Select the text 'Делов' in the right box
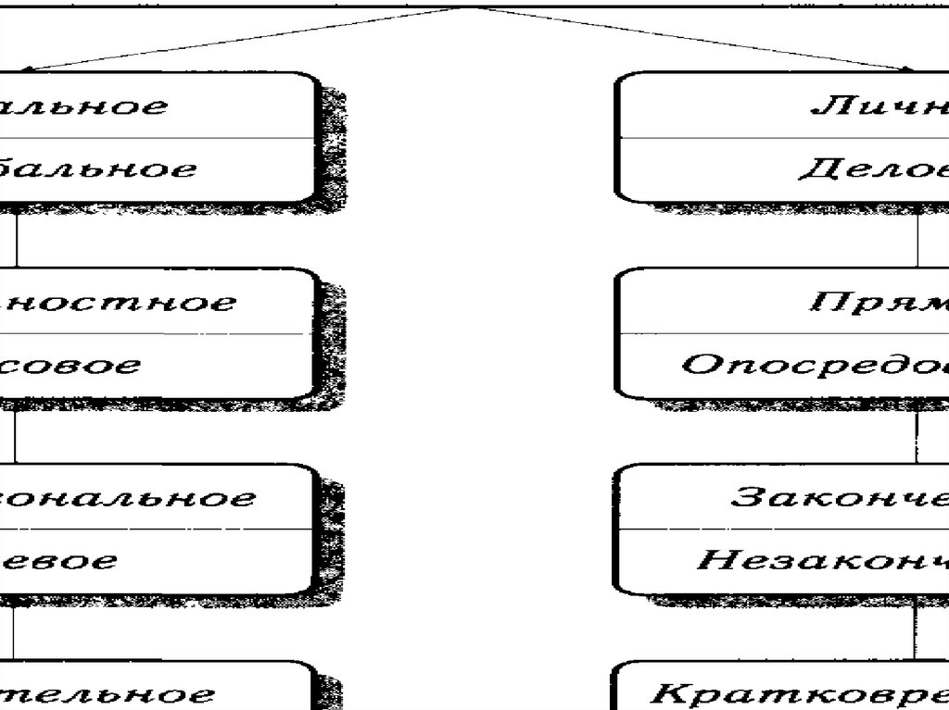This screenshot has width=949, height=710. point(872,169)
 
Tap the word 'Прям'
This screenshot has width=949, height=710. point(879,302)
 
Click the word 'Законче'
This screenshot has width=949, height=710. point(839,497)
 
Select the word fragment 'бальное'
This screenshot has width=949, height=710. point(97,169)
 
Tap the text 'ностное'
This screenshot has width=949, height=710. point(118,303)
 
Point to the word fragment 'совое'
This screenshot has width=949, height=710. point(71,365)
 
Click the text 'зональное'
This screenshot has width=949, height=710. point(126,498)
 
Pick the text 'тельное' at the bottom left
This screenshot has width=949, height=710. point(108,693)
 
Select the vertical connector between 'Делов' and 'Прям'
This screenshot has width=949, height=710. point(917,236)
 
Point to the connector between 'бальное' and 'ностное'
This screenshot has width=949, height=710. point(16,236)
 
